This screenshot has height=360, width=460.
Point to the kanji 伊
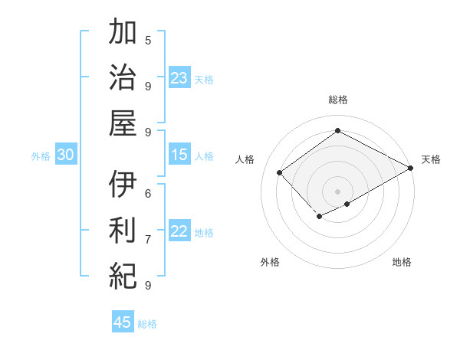pos(123,183)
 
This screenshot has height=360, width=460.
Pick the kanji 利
pos(123,229)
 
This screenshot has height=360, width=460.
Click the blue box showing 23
pos(179,77)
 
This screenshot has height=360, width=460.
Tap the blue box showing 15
pos(179,155)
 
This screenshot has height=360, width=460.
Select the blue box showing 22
pos(179,231)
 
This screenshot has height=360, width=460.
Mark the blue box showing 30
pos(65,155)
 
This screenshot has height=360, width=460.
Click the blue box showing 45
pos(123,322)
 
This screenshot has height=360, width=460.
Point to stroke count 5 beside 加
pos(148,40)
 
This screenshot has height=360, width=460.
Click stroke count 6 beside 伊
pos(148,192)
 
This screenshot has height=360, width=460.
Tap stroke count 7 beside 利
pos(148,239)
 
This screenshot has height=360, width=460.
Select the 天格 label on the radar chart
pos(431,159)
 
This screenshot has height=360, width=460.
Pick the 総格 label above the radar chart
pos(337,100)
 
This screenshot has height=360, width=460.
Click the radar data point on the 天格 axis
pos(411,169)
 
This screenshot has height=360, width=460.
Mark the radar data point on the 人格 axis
pos(280,173)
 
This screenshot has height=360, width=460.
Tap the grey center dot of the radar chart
pos(337,191)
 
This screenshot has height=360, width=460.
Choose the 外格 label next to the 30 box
pos(41,155)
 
